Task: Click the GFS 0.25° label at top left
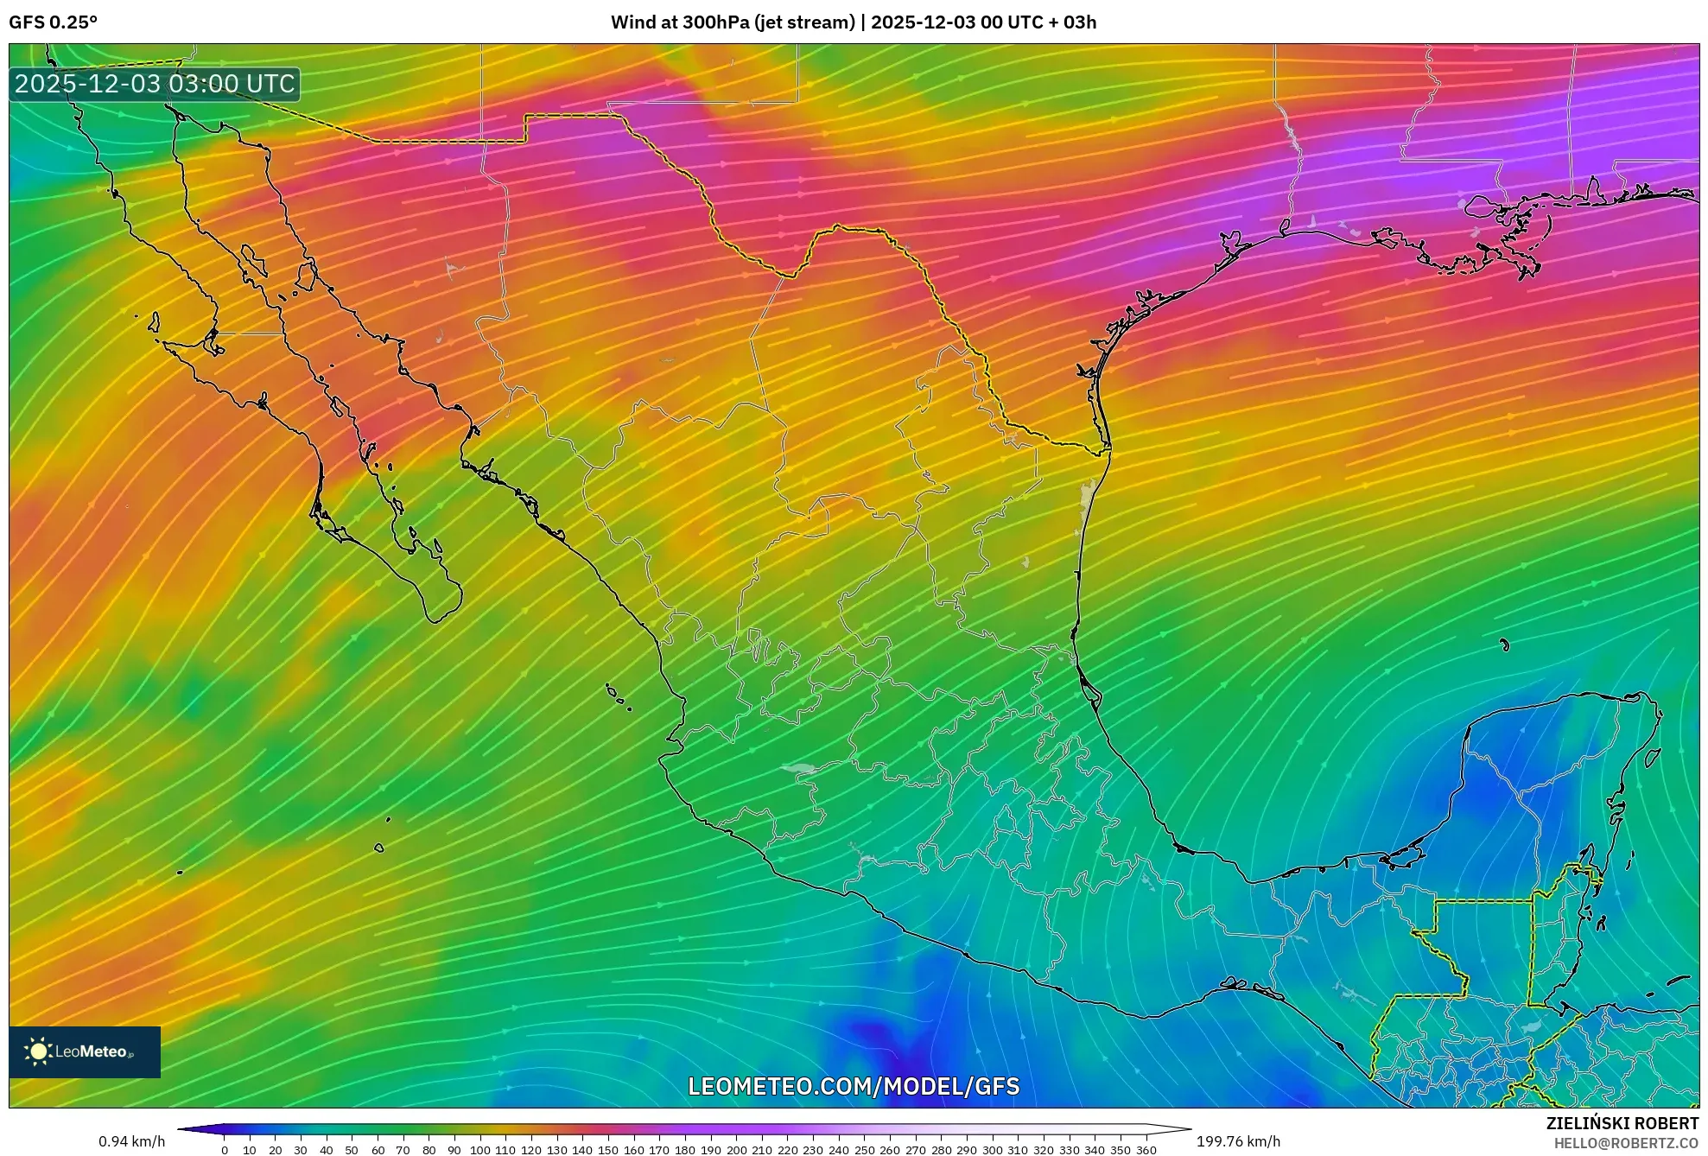pos(53,22)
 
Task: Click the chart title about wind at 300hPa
pos(853,22)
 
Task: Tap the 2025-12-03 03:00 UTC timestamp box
pos(155,84)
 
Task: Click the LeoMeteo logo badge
pos(85,1051)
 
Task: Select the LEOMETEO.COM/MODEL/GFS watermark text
pos(853,1086)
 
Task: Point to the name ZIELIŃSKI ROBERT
pos(1622,1123)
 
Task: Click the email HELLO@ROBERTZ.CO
pos(1626,1143)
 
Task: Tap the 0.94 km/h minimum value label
pos(131,1141)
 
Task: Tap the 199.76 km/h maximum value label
pos(1238,1141)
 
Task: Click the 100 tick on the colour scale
pos(479,1149)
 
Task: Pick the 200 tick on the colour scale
pos(736,1149)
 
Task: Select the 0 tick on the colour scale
pos(225,1149)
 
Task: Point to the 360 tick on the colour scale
pos(1146,1149)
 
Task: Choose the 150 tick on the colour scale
pos(608,1149)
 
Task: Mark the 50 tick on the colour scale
pos(352,1149)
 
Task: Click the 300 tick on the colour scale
pos(992,1149)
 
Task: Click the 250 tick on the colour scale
pos(864,1149)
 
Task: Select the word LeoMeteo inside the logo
pos(92,1051)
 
